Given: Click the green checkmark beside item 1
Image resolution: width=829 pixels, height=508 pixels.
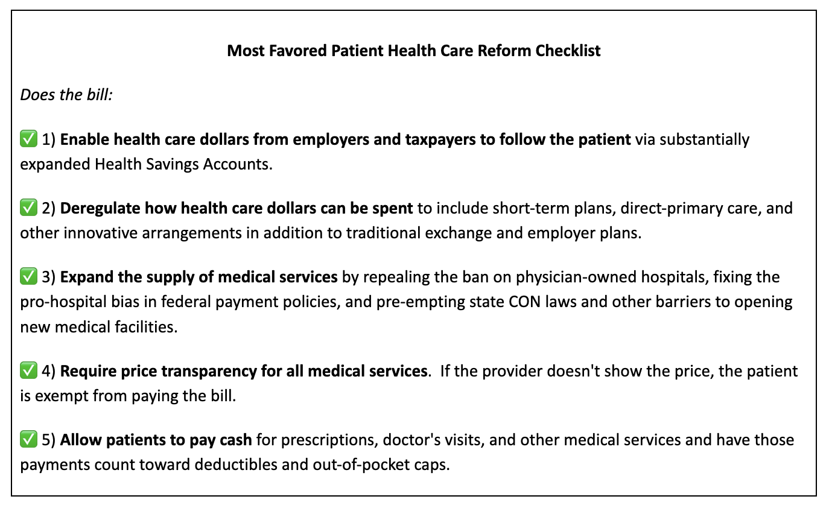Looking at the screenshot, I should (28, 140).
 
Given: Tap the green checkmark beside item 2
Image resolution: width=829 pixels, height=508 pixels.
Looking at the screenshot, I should (28, 209).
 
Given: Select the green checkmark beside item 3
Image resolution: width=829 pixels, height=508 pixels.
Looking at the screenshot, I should (28, 277).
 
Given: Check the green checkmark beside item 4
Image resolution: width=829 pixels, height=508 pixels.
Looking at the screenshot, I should (28, 370).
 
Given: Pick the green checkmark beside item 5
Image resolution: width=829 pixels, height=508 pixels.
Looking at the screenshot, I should (28, 440).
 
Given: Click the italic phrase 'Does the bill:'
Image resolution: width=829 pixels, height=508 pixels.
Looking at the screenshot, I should (66, 95).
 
